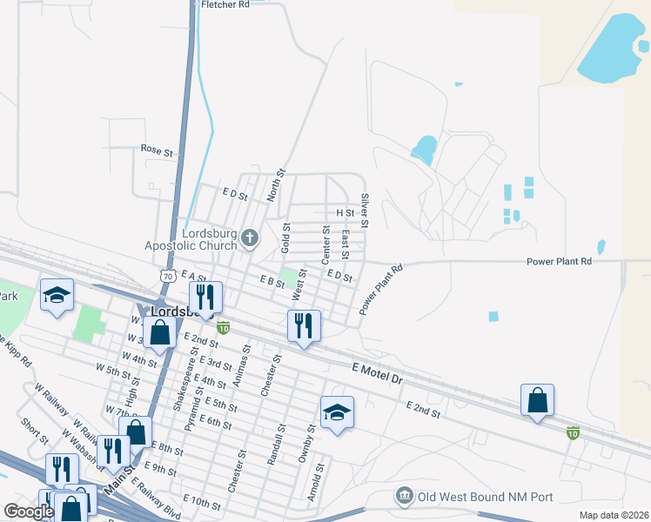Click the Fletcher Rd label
click(225, 4)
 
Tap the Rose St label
click(158, 151)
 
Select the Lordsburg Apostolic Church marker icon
click(250, 238)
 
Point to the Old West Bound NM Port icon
click(404, 497)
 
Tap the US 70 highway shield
click(168, 275)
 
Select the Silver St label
click(366, 211)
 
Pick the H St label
click(345, 212)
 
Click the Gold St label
click(285, 238)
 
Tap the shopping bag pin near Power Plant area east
click(537, 401)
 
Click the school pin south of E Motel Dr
click(337, 413)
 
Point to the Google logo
click(30, 512)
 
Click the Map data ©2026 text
click(614, 515)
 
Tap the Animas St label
click(246, 358)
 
